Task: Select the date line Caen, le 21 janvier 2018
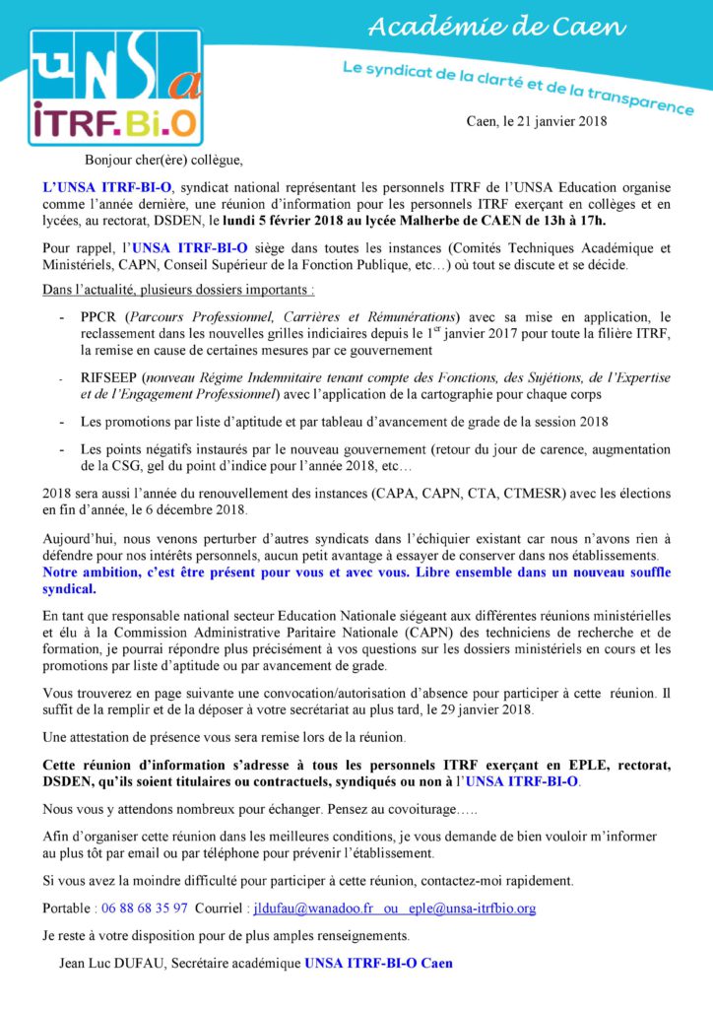point(537,121)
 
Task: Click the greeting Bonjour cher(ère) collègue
point(162,159)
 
